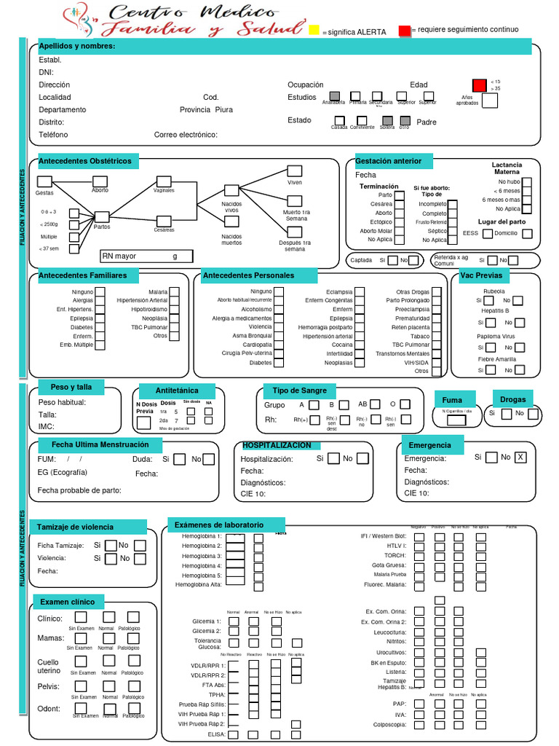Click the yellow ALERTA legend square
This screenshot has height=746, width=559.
tap(314, 31)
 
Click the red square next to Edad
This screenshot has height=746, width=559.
tap(479, 85)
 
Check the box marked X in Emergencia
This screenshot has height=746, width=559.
tap(520, 458)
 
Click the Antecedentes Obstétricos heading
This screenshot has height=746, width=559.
tap(85, 161)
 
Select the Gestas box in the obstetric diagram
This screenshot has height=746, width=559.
tap(44, 181)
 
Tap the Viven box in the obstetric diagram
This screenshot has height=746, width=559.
tap(294, 171)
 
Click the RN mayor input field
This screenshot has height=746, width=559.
tap(146, 256)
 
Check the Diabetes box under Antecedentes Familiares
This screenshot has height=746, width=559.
tap(101, 327)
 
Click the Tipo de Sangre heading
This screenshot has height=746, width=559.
tap(300, 390)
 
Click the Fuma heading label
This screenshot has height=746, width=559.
tap(452, 400)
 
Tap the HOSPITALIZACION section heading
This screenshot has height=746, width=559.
tap(277, 445)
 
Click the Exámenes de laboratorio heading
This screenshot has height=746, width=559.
tap(218, 525)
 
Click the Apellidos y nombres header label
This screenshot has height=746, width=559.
tap(76, 47)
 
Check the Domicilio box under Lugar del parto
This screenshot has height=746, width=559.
tap(527, 234)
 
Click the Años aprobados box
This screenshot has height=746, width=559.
tap(490, 101)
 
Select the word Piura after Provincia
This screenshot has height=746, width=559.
tap(224, 110)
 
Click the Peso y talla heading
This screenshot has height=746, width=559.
tap(71, 386)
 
